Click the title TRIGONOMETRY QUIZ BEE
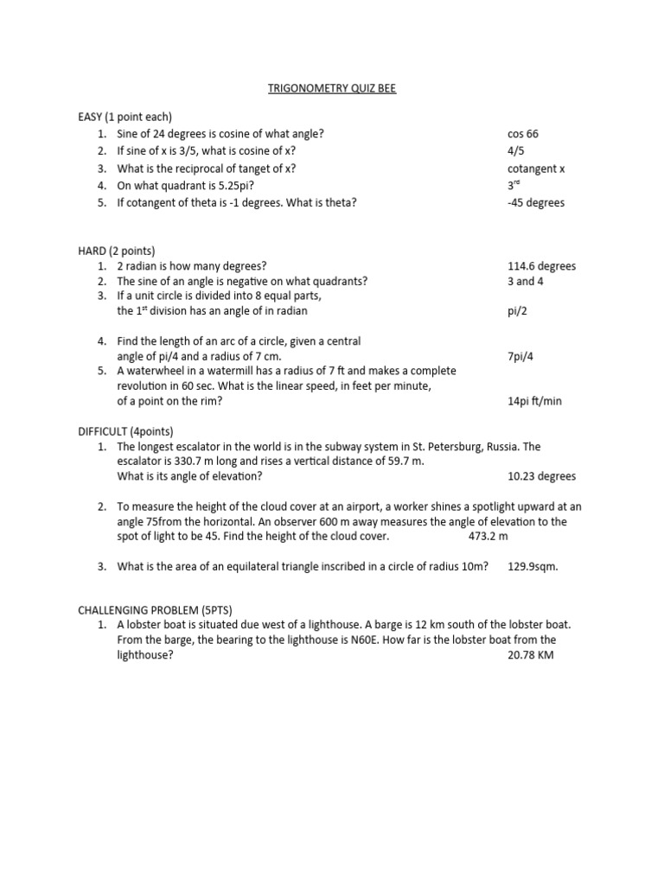(331, 87)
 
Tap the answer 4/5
(516, 151)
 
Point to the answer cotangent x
(536, 169)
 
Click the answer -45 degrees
(536, 203)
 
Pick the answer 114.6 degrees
(542, 266)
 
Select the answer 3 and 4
(526, 281)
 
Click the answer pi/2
(519, 311)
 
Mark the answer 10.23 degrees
(542, 476)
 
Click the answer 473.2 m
(488, 536)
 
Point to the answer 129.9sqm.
(533, 566)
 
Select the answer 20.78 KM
(531, 655)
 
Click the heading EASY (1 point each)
(124, 117)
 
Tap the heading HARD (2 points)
(116, 251)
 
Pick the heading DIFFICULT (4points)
(126, 430)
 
